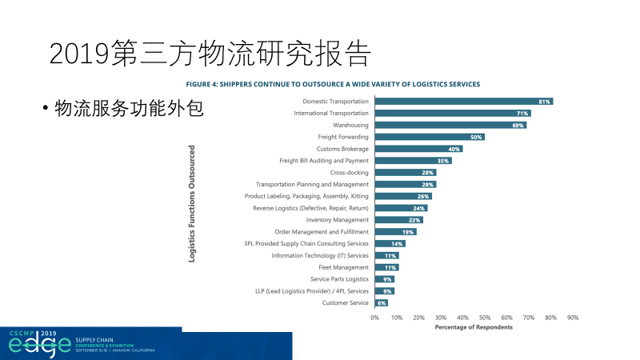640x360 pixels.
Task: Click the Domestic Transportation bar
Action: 462,102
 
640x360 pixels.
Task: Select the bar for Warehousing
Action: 450,126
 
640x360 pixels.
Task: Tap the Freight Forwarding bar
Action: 429,137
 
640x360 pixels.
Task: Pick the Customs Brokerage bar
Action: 418,149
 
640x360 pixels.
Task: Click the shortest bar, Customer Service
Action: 381,303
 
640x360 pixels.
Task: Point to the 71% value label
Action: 522,114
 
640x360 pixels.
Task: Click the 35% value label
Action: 442,161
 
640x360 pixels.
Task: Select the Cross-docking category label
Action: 349,173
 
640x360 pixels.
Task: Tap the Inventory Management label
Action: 337,220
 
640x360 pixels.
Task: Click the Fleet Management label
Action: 343,267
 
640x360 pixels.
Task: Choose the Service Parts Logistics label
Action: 339,279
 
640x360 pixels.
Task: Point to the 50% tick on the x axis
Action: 485,318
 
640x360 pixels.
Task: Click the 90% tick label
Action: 573,318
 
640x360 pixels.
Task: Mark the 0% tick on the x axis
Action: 374,318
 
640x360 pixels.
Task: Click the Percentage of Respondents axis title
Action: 474,327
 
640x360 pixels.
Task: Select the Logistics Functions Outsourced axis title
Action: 192,204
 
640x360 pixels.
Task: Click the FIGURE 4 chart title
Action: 333,83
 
